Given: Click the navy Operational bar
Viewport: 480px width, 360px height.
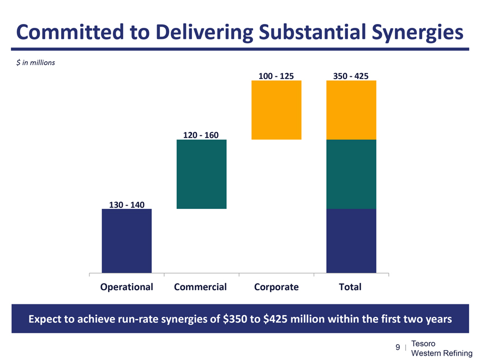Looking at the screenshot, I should pos(127,241).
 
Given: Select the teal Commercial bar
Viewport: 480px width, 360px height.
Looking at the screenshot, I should pos(202,174).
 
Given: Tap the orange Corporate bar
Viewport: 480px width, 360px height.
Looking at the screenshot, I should pos(276,110).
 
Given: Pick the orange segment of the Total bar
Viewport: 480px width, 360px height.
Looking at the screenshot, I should pos(351,110).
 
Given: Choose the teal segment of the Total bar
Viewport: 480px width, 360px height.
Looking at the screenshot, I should pos(351,174).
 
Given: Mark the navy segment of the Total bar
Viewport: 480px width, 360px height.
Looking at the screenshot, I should pos(351,241).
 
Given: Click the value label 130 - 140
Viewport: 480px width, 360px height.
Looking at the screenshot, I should pos(127,205).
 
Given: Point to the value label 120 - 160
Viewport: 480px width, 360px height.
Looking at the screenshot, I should pos(201,135).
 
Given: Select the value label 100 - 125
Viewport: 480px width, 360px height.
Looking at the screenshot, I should pos(276,76).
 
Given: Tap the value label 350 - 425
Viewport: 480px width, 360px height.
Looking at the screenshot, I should pos(351,76).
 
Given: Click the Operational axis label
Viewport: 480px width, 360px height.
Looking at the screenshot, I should pos(127,286).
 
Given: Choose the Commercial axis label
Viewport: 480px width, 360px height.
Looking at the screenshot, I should pos(200,286).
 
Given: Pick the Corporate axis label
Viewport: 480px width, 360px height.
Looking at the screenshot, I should pos(277,286).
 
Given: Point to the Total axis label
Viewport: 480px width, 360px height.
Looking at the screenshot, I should pos(350,286).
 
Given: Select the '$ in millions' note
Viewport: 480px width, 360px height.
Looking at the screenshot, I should pos(36,62).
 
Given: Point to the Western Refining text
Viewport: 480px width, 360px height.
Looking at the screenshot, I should pos(441,353).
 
